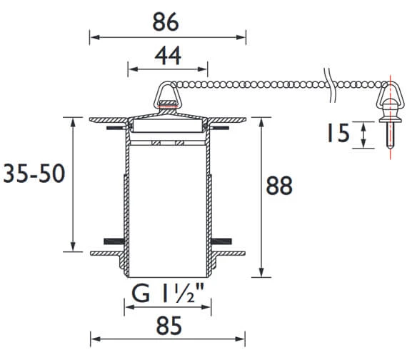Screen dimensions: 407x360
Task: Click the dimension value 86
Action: [166, 22]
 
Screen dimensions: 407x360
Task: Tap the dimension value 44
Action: [168, 56]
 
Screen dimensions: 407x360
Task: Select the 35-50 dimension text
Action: [34, 174]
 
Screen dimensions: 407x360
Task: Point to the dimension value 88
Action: [279, 186]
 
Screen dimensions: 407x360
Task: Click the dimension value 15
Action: [338, 133]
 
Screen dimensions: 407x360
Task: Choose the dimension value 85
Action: [169, 326]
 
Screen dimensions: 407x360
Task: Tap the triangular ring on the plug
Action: [167, 95]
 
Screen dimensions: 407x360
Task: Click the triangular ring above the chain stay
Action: [391, 95]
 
